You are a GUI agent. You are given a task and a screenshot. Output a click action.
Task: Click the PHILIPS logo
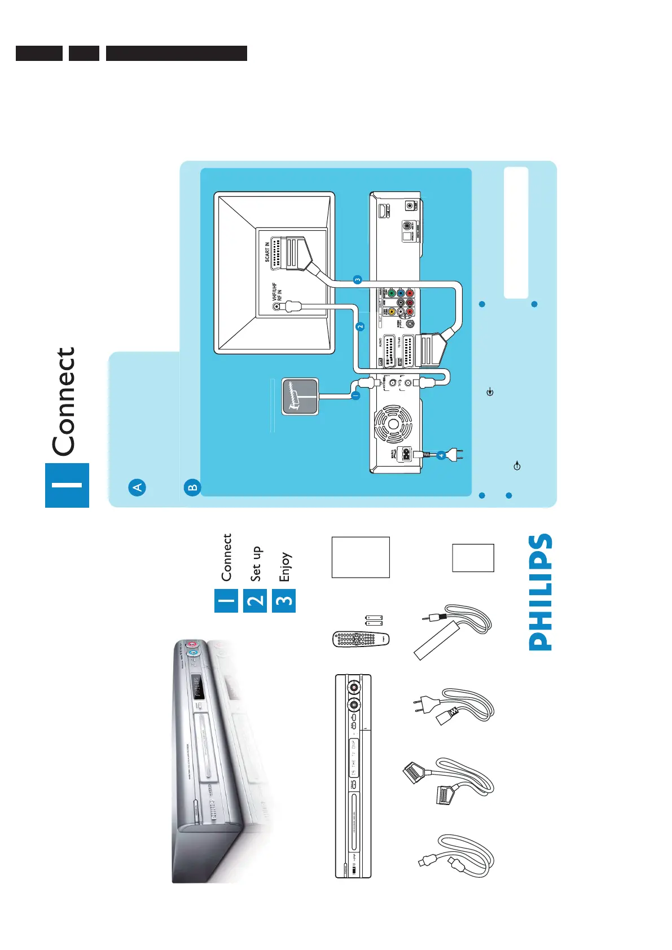(x=540, y=592)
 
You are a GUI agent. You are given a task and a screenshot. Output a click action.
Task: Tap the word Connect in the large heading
(x=64, y=402)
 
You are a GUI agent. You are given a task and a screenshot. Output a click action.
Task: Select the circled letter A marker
(x=137, y=487)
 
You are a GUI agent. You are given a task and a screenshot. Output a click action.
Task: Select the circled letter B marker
(x=192, y=487)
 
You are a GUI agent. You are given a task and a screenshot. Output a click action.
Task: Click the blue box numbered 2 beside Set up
(x=255, y=600)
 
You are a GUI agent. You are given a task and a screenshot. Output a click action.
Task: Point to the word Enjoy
(x=284, y=566)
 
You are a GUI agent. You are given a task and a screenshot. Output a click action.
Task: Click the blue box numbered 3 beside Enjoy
(x=284, y=600)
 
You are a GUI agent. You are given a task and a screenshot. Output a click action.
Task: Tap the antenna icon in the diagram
(x=300, y=396)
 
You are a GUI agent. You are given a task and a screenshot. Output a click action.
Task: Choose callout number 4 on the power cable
(x=441, y=455)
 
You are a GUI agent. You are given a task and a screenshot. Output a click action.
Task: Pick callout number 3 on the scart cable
(x=357, y=279)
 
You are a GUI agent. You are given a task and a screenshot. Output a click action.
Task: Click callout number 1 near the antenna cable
(x=355, y=395)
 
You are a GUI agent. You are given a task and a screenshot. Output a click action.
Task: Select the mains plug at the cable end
(x=457, y=455)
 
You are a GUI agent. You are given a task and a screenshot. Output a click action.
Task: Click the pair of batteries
(x=374, y=621)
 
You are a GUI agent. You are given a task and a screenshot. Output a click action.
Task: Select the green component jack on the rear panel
(x=391, y=293)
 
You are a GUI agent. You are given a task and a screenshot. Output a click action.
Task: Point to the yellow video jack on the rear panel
(x=391, y=311)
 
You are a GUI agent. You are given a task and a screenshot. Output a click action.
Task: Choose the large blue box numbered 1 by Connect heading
(x=67, y=485)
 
